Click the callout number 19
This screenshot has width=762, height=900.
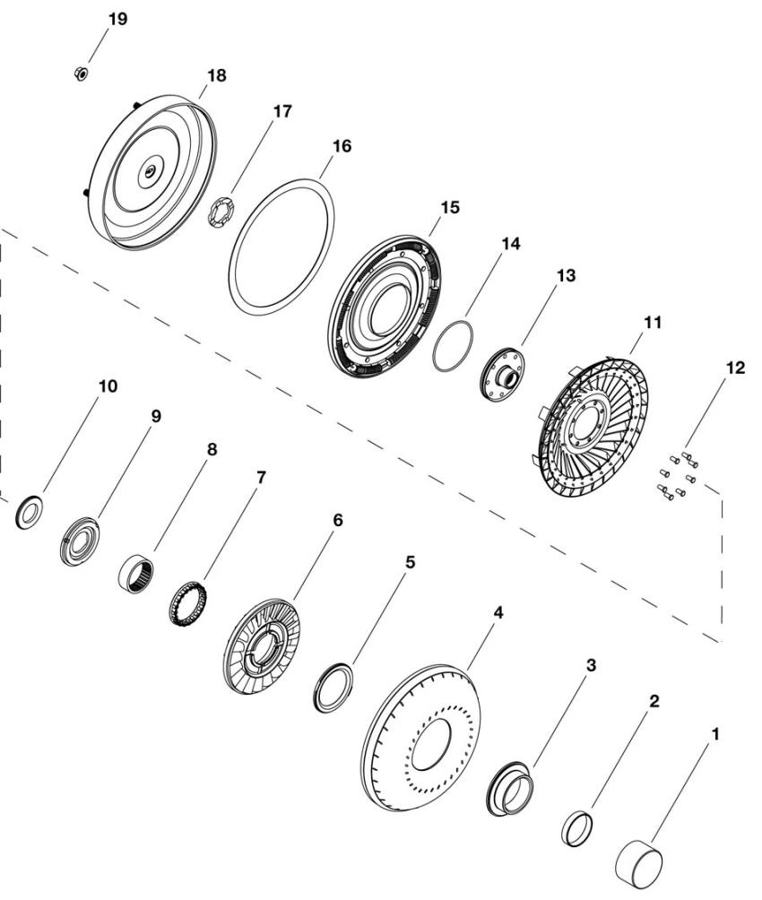point(117,19)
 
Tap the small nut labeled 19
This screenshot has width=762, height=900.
point(81,74)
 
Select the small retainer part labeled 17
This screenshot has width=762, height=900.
point(221,214)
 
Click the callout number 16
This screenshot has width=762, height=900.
point(342,146)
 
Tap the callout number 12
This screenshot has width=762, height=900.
point(735,368)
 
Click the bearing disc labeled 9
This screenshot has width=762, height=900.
point(80,541)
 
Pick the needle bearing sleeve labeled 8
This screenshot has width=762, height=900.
point(136,572)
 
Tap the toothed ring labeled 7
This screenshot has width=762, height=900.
point(187,603)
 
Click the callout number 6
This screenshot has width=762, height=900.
point(338,520)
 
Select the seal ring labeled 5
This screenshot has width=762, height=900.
point(334,688)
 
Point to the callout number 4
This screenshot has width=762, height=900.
point(498,613)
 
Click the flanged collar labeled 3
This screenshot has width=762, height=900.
point(510,789)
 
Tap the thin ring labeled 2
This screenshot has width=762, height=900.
point(576,828)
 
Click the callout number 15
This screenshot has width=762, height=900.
point(450,207)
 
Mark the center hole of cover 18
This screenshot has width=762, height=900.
point(151,170)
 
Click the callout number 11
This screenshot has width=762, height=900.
point(653,323)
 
